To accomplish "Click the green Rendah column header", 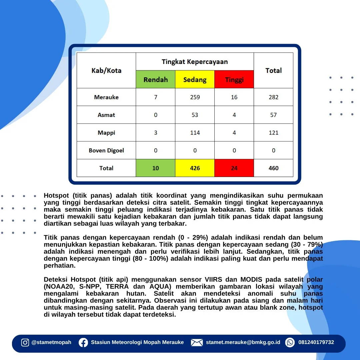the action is point(155,79).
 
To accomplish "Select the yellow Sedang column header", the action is point(195,79).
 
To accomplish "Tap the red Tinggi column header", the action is point(234,79).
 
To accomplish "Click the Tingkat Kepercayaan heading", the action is point(195,62).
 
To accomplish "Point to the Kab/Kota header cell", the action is point(106,70).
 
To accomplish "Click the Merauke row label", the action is point(106,97).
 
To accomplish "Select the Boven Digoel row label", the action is point(106,150).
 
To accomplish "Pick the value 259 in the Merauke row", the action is point(195,97).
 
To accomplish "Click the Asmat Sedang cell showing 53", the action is point(195,115).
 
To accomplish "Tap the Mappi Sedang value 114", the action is point(195,133).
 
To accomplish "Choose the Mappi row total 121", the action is point(273,133).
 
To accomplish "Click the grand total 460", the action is point(273,168).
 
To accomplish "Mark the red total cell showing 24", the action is point(234,168).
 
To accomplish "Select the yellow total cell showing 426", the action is point(195,168).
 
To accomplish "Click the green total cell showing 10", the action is point(155,168).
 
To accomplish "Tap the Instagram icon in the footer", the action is point(25,343).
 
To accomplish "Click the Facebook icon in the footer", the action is point(83,343).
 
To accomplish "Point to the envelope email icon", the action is point(197,343).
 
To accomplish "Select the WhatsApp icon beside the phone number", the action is point(290,343).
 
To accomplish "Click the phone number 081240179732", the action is point(316,342).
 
